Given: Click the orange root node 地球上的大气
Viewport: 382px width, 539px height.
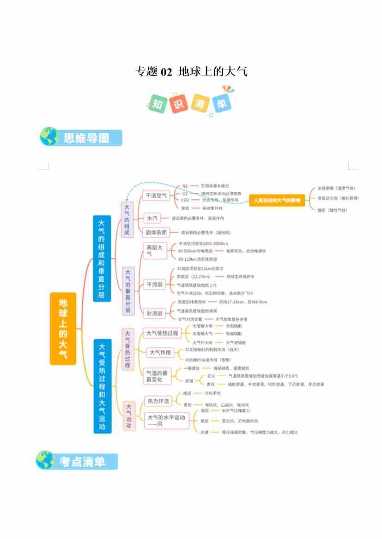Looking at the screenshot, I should pos(63,328).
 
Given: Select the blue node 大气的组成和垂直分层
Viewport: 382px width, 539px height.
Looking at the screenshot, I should pos(102,258).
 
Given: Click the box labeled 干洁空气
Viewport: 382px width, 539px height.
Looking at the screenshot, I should pos(156,195).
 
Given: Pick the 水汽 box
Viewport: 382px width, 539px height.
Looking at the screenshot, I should pos(152,218).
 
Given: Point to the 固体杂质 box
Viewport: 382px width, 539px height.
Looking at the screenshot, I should pos(156,232).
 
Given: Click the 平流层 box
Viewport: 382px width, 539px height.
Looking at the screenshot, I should pos(154,284).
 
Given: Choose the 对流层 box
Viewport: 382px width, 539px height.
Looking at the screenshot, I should pos(154,314).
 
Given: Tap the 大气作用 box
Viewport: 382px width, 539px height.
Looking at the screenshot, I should pos(160,353).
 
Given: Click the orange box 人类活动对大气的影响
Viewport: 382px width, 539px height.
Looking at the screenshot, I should pos(277,200).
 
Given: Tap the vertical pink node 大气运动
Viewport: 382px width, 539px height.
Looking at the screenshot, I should pos(129,416).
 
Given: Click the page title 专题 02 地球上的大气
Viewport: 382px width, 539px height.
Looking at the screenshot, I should pos(191,71).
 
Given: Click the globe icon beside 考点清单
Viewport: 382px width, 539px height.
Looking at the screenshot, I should pos(46,460).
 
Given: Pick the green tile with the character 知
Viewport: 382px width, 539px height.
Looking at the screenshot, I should pos(158,103).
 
